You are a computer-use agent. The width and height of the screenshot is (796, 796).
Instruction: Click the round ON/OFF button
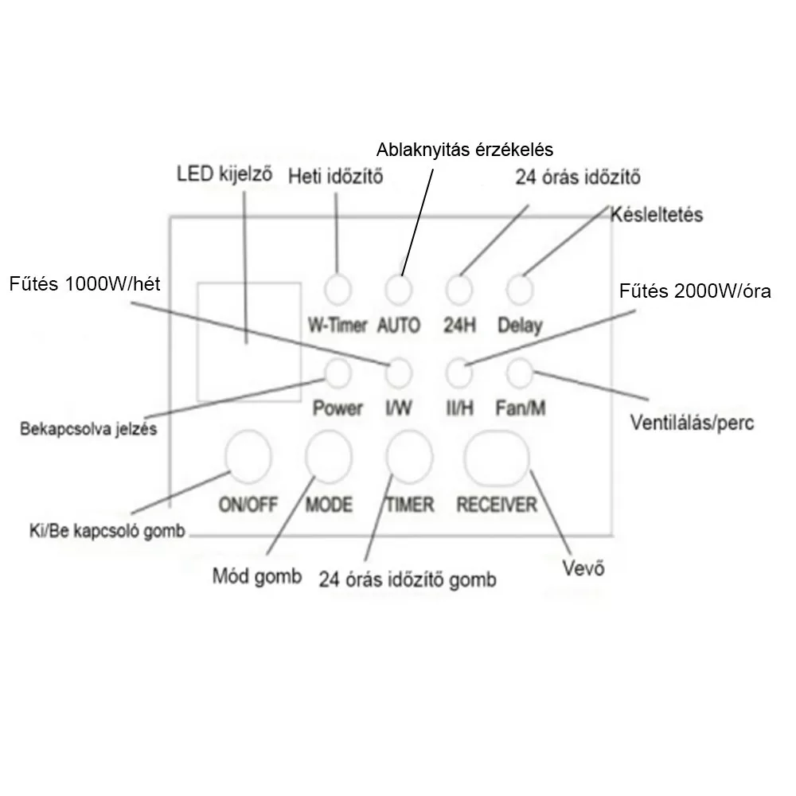point(248,455)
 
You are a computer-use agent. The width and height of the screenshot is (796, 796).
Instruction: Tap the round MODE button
point(329,456)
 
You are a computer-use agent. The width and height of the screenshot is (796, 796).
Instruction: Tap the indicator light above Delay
point(519,289)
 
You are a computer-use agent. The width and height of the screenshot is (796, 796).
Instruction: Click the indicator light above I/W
point(399,372)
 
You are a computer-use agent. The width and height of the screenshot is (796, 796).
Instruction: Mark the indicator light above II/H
point(458,372)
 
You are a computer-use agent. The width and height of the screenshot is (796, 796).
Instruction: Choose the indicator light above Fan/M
point(519,372)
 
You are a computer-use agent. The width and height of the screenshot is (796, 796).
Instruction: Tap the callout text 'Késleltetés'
point(657,215)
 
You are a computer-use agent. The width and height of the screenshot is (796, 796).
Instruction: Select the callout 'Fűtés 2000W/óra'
point(695,291)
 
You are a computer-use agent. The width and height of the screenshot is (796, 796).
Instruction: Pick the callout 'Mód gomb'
point(256,576)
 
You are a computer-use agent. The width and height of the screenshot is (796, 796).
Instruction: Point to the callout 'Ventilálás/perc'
point(691,421)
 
